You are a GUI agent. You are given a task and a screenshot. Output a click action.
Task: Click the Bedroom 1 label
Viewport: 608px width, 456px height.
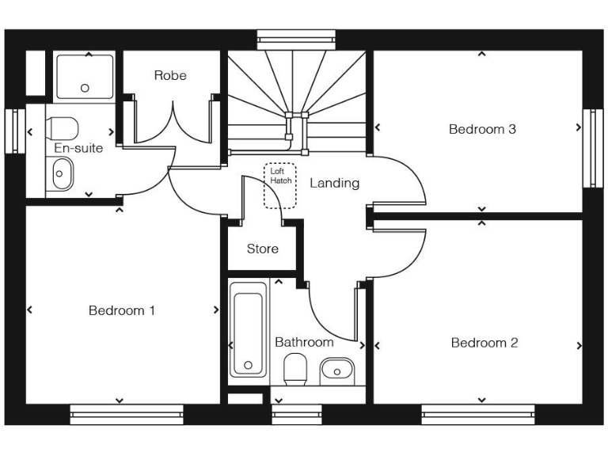click(x=121, y=310)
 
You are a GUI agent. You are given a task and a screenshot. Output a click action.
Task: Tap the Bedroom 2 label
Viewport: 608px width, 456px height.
click(x=484, y=343)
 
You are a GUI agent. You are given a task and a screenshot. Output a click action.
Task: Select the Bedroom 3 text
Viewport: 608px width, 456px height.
click(x=482, y=129)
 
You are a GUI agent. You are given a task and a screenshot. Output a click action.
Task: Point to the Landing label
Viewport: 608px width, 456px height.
click(x=334, y=183)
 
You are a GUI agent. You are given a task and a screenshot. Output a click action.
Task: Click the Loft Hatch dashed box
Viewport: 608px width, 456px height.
click(x=279, y=186)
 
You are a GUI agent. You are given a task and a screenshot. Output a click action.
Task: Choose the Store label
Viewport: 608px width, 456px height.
click(x=262, y=249)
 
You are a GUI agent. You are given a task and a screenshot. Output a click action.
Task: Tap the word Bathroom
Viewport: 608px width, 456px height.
click(x=304, y=342)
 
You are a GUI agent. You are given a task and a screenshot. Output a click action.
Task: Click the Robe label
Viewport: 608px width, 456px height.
click(x=170, y=75)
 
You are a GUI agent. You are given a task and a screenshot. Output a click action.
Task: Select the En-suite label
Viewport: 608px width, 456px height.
click(x=78, y=148)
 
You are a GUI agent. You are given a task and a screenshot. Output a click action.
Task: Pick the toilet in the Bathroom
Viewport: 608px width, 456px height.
click(x=295, y=369)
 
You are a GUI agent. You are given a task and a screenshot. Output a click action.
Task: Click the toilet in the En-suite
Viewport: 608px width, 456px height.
click(x=63, y=127)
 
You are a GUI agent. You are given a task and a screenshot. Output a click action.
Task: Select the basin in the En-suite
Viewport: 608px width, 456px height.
click(x=61, y=173)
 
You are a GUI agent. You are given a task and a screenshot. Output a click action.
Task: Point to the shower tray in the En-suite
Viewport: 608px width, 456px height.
click(x=85, y=77)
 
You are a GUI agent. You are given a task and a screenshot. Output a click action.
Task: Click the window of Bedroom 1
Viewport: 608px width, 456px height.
click(x=127, y=414)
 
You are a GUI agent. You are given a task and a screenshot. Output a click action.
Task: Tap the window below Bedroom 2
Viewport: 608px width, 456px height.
click(x=477, y=414)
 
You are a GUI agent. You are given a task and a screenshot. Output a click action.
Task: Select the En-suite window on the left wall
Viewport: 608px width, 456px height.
click(x=13, y=130)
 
